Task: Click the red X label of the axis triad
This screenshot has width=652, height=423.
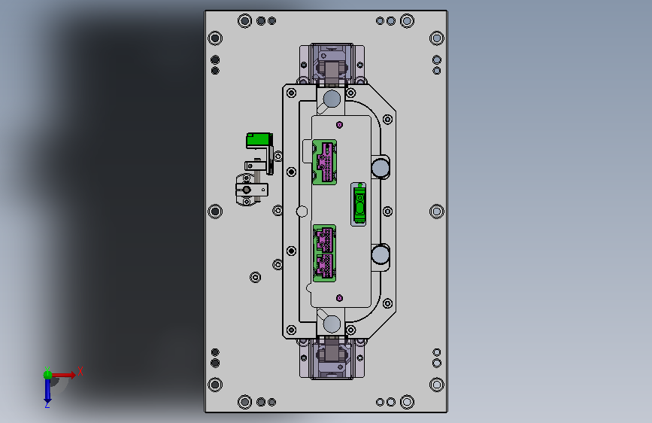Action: [80, 371]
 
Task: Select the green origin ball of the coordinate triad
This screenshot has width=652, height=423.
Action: [48, 375]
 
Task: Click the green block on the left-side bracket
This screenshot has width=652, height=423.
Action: [258, 140]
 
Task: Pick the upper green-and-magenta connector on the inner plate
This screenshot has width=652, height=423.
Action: [324, 162]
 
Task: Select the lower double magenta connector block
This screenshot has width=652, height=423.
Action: [324, 253]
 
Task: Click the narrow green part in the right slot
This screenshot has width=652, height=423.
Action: [359, 204]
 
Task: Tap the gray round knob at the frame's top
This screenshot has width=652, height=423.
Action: [332, 99]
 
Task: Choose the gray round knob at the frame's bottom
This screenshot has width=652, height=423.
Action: [332, 324]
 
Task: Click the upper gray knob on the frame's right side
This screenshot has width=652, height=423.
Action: [380, 168]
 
